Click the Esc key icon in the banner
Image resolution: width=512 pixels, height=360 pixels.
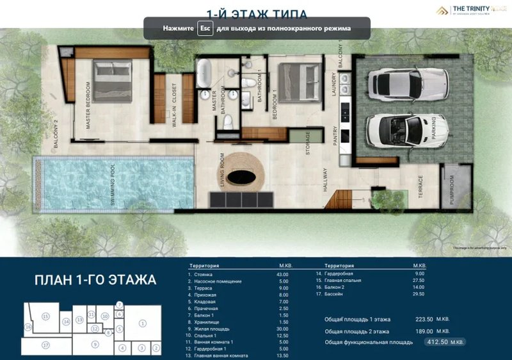tap(205, 29)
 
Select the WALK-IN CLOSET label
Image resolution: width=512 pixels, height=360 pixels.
tap(173, 105)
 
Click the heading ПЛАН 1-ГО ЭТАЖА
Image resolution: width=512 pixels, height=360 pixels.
tap(95, 280)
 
